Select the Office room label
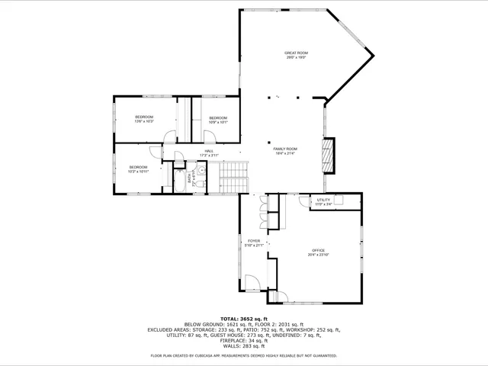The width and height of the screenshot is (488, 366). [317, 252]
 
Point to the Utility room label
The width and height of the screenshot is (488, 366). [323, 201]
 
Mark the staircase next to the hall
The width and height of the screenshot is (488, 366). [229, 178]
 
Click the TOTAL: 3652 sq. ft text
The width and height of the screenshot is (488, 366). [243, 318]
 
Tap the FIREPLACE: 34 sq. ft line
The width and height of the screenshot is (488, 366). [243, 340]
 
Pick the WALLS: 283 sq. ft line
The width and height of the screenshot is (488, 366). [243, 345]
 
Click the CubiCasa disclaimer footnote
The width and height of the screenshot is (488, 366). [243, 355]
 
